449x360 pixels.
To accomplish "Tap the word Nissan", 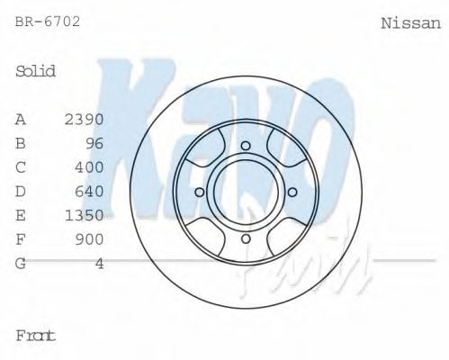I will tap(411, 24).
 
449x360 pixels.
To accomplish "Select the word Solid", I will tap(36, 70).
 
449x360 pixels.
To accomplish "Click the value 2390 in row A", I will tap(85, 120).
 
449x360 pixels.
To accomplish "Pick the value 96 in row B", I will tap(94, 143).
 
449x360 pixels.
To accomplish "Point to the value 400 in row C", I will tap(89, 167).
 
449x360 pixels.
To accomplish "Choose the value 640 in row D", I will tap(89, 191).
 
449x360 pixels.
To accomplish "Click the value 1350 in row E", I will tap(85, 215).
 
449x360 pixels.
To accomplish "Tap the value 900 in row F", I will tap(89, 238).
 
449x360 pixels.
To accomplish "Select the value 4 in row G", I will tap(99, 263).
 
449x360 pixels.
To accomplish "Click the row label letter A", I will tap(21, 120).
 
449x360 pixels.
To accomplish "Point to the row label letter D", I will tap(21, 191).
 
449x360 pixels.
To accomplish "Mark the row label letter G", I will tap(21, 263).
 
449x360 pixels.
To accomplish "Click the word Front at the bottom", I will tap(36, 335).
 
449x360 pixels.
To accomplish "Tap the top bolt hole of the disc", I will tap(246, 146).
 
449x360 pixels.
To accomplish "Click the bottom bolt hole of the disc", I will tap(246, 238).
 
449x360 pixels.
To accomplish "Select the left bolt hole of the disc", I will tap(200, 192).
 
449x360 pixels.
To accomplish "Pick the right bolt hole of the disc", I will tap(292, 192).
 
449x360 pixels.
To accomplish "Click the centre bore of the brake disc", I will tap(246, 192).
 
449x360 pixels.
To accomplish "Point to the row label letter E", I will tap(21, 215).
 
